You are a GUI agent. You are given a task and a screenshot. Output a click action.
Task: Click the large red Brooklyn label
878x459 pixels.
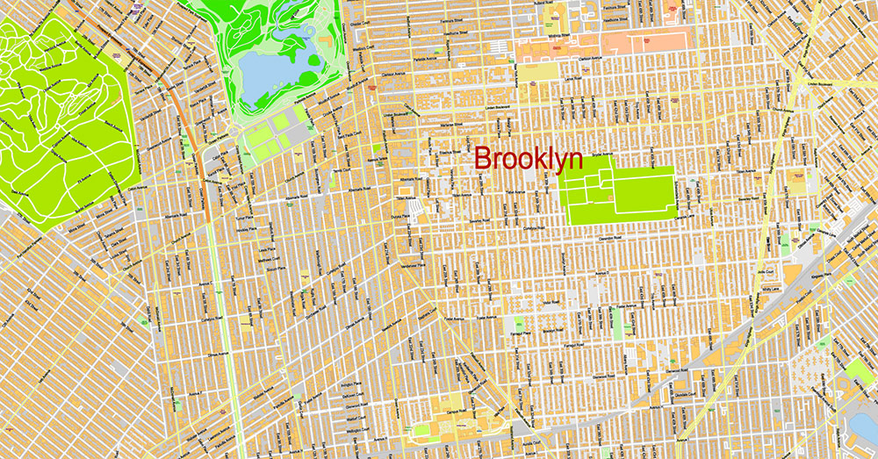pyautogui.click(x=529, y=159)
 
